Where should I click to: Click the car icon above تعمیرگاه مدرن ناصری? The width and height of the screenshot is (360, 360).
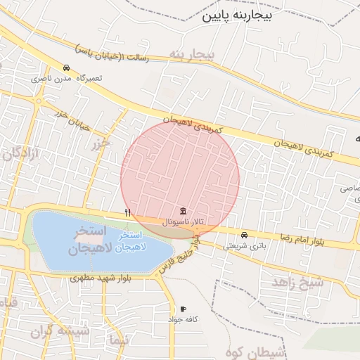click(66, 68)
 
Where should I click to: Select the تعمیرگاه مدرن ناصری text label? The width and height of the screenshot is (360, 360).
click(66, 78)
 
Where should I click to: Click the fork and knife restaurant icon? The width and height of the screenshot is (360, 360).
click(127, 212)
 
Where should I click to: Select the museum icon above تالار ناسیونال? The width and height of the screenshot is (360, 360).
click(183, 211)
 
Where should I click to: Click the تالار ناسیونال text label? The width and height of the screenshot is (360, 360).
click(183, 221)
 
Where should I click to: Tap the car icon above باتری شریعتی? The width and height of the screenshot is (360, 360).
click(244, 235)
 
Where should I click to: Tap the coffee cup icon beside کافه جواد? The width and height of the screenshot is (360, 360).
click(183, 309)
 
